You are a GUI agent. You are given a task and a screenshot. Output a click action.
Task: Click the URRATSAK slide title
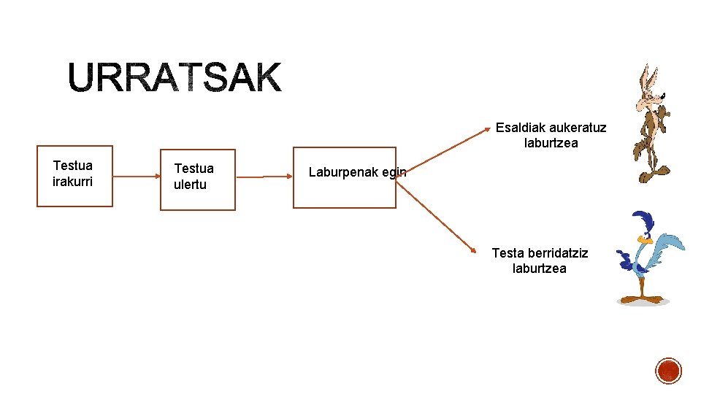pyautogui.click(x=175, y=78)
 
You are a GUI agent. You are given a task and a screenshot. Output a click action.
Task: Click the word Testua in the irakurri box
pyautogui.click(x=73, y=166)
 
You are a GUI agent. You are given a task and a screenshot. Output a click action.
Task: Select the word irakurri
pyautogui.click(x=73, y=181)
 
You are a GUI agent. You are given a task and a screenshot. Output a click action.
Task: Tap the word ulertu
pyautogui.click(x=190, y=185)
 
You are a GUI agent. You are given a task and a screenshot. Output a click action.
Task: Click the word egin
pyautogui.click(x=394, y=172)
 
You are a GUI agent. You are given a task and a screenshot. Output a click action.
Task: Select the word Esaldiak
pyautogui.click(x=520, y=128)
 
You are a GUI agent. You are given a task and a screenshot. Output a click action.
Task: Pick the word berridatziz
pyautogui.click(x=553, y=253)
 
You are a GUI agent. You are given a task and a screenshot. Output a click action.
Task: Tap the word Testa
pyautogui.click(x=507, y=253)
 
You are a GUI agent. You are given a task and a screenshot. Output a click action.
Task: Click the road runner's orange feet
pyautogui.click(x=641, y=298)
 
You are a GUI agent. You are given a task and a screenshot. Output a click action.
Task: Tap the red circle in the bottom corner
pyautogui.click(x=668, y=371)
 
